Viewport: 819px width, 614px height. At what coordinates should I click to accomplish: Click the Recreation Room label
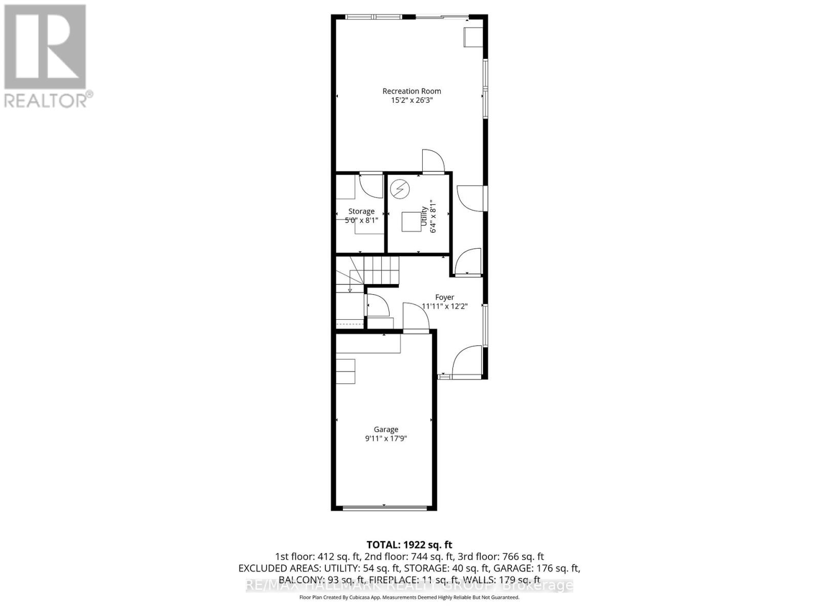pyautogui.click(x=412, y=91)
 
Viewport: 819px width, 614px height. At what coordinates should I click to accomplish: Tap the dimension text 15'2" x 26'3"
pyautogui.click(x=412, y=101)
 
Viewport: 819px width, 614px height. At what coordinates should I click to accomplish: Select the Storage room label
pyautogui.click(x=361, y=211)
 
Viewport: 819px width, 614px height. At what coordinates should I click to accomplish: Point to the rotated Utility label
pyautogui.click(x=424, y=216)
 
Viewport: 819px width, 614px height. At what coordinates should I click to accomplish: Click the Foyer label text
pyautogui.click(x=444, y=297)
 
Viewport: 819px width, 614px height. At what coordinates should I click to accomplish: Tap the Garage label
pyautogui.click(x=385, y=430)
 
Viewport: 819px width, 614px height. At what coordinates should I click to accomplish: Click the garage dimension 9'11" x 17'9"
pyautogui.click(x=385, y=439)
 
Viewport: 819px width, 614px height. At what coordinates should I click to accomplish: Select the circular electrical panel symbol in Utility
pyautogui.click(x=400, y=189)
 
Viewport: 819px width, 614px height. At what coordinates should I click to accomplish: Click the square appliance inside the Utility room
pyautogui.click(x=411, y=222)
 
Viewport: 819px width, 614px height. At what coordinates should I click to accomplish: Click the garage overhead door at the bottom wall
pyautogui.click(x=384, y=508)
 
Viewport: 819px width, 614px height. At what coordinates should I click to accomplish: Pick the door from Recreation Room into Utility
pyautogui.click(x=433, y=161)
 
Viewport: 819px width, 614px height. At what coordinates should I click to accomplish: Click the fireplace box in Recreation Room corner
pyautogui.click(x=472, y=37)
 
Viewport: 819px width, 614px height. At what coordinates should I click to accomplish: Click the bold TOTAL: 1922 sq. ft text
pyautogui.click(x=409, y=545)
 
